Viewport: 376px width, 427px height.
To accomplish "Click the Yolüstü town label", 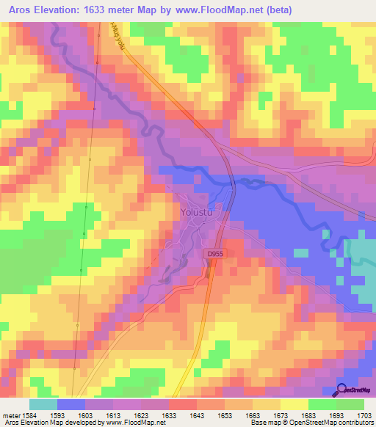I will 196,212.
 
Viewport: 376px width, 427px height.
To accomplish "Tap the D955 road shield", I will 214,252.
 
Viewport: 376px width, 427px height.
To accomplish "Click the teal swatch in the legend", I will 43,404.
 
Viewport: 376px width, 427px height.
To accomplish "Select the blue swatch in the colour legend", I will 70,404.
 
